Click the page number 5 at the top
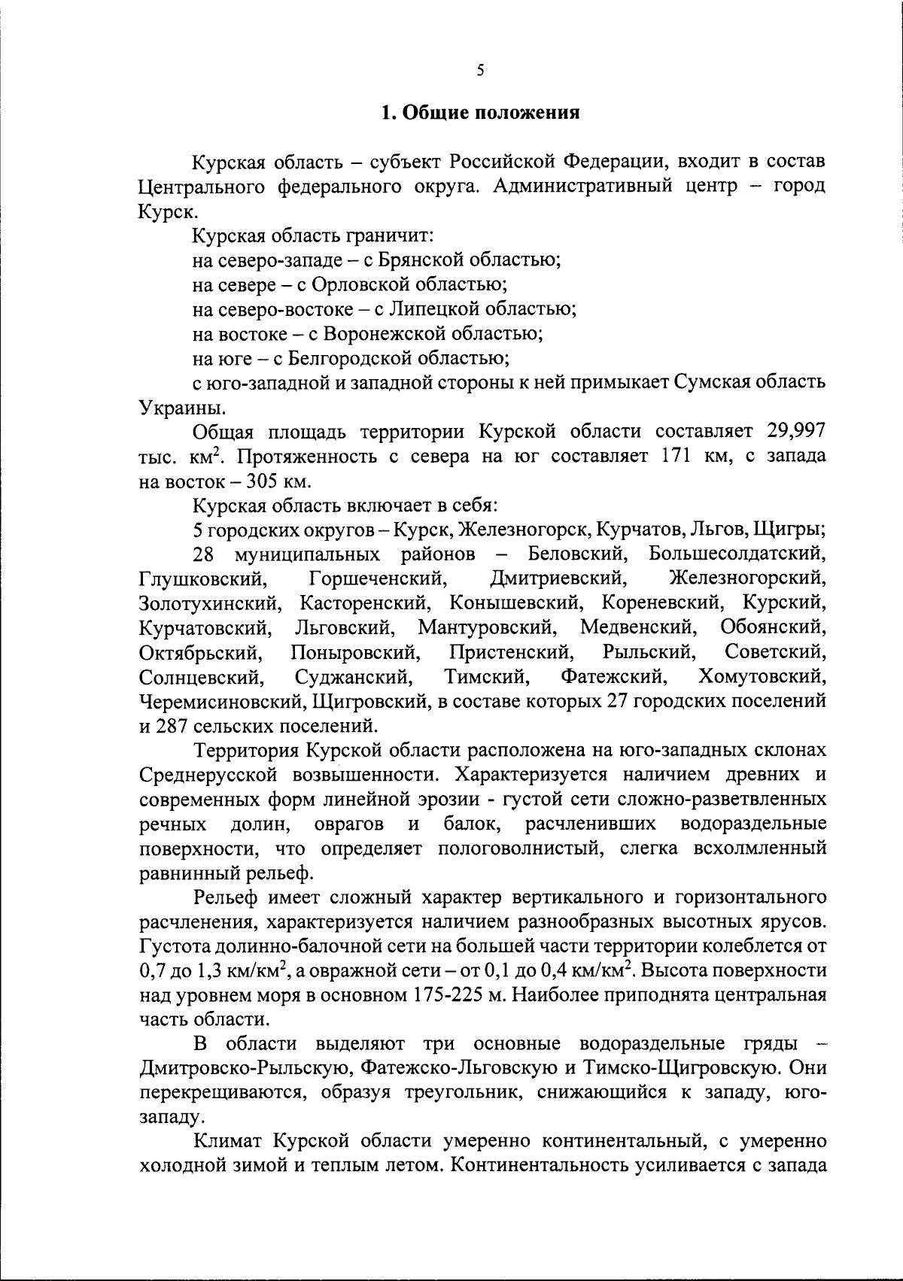(x=481, y=70)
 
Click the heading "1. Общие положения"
(x=480, y=114)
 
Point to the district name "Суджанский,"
(x=354, y=676)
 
